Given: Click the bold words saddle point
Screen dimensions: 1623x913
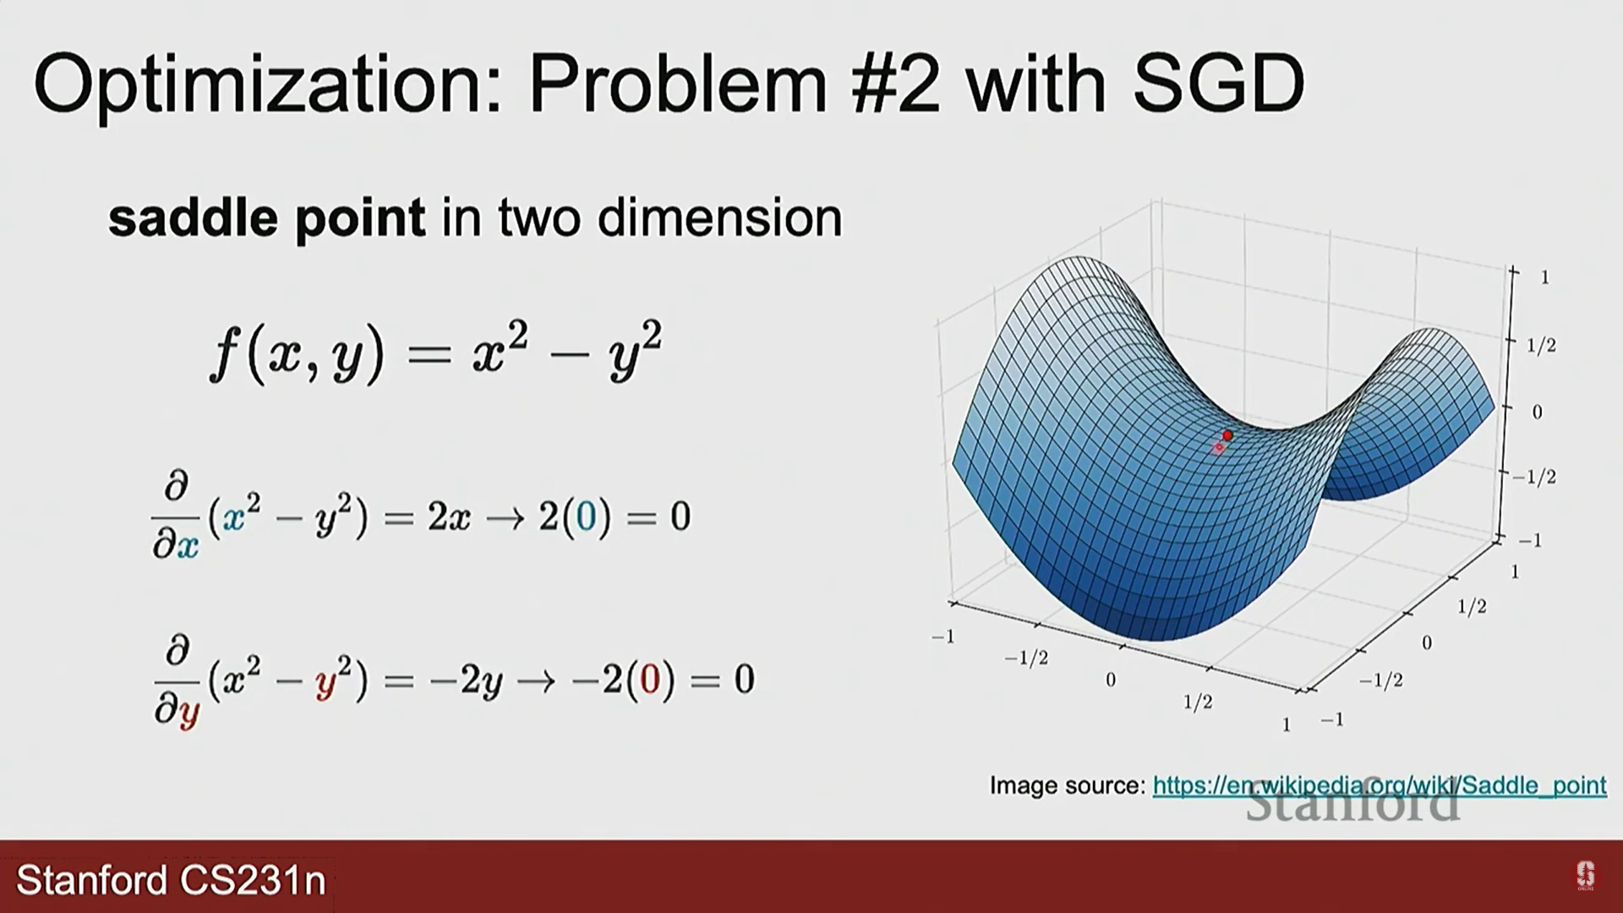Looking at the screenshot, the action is (267, 218).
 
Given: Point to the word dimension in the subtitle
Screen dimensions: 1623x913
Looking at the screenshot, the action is (719, 218).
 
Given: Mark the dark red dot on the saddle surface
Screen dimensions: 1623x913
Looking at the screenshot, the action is (1227, 435).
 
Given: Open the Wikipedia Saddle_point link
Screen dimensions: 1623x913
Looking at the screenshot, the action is (1380, 785).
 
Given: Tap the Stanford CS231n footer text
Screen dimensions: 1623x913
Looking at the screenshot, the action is (171, 880).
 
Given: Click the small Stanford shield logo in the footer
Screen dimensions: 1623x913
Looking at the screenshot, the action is (1585, 876).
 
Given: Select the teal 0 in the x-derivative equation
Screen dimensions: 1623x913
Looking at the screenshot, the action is (586, 517).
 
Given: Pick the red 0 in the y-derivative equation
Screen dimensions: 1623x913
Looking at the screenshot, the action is (650, 679).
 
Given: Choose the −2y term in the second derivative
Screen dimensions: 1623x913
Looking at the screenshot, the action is (466, 681).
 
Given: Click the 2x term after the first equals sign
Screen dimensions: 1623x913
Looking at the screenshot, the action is (449, 517).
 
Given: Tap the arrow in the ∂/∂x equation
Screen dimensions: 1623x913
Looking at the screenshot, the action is (505, 517).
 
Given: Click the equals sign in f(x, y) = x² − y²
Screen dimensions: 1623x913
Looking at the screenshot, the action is (429, 353).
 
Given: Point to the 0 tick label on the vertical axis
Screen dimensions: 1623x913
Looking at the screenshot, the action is (1537, 413).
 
